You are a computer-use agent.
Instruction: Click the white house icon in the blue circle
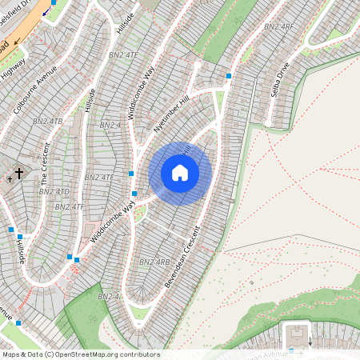[x=180, y=173]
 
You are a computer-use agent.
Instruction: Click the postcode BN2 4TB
[x=46, y=121]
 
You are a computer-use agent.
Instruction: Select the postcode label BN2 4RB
[x=154, y=262]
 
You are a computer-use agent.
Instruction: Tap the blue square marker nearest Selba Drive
[x=230, y=75]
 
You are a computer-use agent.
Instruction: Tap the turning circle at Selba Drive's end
[x=270, y=125]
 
